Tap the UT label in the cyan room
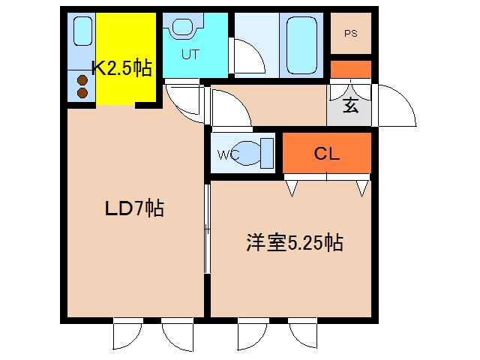(x=189, y=55)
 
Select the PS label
(x=350, y=34)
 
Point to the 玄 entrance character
(x=350, y=106)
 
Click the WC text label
(x=228, y=155)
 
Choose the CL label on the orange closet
(x=327, y=154)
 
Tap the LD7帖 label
(x=133, y=208)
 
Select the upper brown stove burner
(x=81, y=80)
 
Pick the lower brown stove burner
(x=81, y=93)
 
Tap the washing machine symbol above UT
(x=181, y=28)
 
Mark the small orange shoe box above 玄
(x=350, y=69)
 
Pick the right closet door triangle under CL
(x=361, y=186)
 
